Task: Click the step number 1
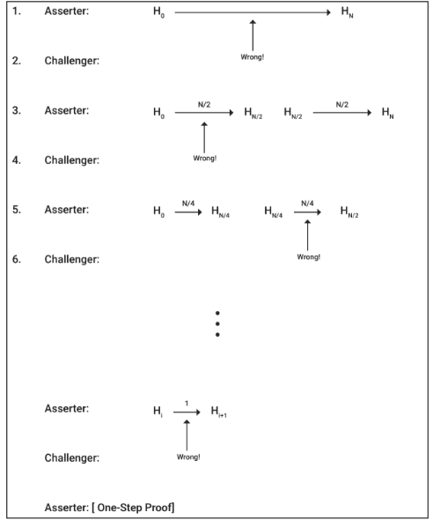pyautogui.click(x=18, y=13)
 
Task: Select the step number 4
pyautogui.click(x=18, y=160)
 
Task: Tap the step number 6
pyautogui.click(x=18, y=259)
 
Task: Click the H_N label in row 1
pyautogui.click(x=345, y=14)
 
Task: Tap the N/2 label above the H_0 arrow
pyautogui.click(x=203, y=103)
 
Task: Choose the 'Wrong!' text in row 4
pyautogui.click(x=204, y=158)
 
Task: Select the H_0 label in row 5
pyautogui.click(x=158, y=212)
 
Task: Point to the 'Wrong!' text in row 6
pyautogui.click(x=308, y=256)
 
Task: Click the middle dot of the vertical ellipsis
pyautogui.click(x=216, y=323)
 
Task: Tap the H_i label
pyautogui.click(x=158, y=411)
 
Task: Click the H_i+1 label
pyautogui.click(x=218, y=411)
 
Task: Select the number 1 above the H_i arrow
pyautogui.click(x=187, y=401)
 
